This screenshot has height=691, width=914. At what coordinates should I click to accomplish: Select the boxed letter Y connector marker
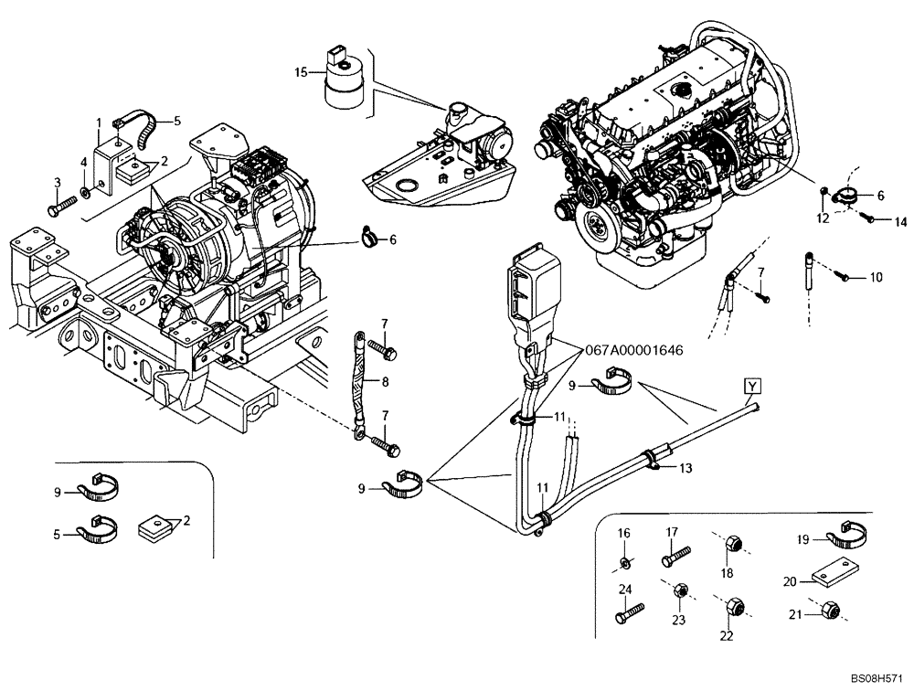750,386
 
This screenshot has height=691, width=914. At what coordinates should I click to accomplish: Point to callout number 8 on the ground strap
385,382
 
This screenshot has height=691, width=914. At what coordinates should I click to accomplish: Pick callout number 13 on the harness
685,468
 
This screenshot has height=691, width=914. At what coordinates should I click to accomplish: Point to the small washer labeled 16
624,560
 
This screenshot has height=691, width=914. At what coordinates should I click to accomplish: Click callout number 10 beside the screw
877,277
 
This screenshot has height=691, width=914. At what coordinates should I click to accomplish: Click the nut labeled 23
679,592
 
